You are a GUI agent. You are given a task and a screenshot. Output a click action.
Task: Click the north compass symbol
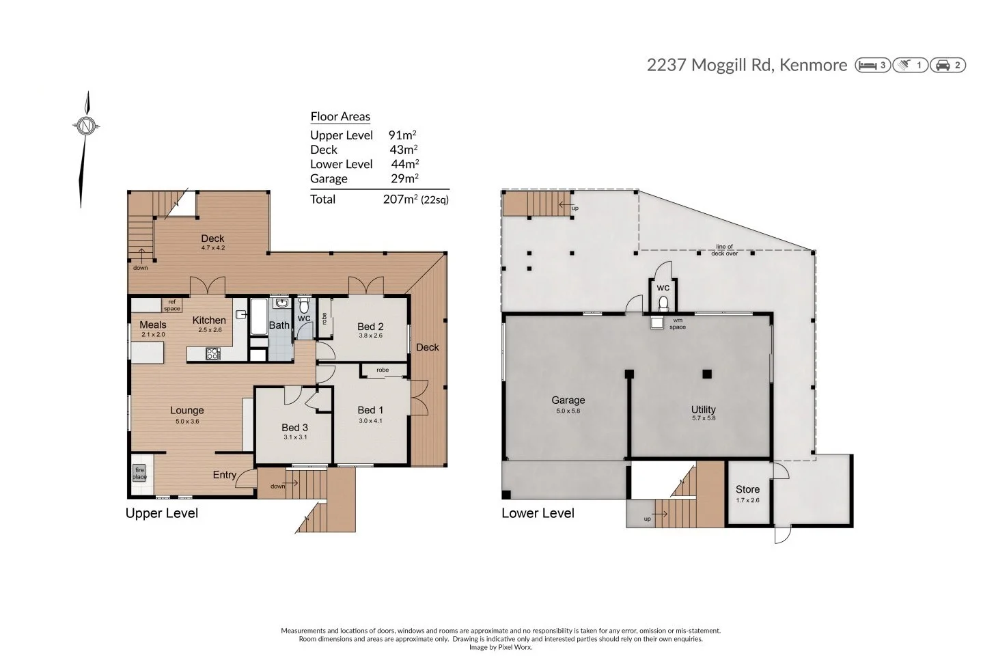pos(86,126)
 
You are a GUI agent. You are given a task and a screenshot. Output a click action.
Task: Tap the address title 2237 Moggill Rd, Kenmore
pos(746,65)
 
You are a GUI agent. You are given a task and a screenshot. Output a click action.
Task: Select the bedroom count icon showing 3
pos(872,66)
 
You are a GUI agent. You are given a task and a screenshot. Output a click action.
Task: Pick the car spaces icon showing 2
pos(948,66)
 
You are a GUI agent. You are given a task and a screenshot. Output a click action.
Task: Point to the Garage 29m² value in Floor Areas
pos(403,178)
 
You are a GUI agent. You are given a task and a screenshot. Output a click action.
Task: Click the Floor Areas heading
pos(340,116)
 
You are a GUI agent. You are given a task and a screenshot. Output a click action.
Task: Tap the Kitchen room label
pos(209,320)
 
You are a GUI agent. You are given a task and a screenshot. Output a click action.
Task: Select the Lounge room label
pos(186,410)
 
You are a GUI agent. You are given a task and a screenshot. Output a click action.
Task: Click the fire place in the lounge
pos(140,473)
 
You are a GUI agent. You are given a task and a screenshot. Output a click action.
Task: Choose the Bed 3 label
pos(294,427)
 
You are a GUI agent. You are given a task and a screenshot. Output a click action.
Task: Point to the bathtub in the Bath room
pos(258,317)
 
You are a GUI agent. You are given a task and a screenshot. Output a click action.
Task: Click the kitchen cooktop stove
pos(213,353)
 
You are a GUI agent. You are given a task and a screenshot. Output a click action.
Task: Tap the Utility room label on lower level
pos(703,409)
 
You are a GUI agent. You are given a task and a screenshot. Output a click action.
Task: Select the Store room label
pos(747,489)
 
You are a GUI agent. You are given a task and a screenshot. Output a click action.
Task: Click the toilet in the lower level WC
pos(663,303)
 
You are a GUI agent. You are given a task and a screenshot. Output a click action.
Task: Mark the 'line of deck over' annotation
pos(724,250)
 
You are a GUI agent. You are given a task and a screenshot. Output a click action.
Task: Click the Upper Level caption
pos(162,513)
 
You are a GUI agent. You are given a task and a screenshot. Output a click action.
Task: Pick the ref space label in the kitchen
pos(172,305)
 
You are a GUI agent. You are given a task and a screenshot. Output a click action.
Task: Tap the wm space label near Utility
pos(677,324)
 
